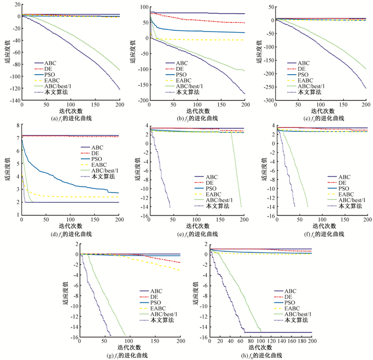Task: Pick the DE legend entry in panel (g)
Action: tap(157, 297)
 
